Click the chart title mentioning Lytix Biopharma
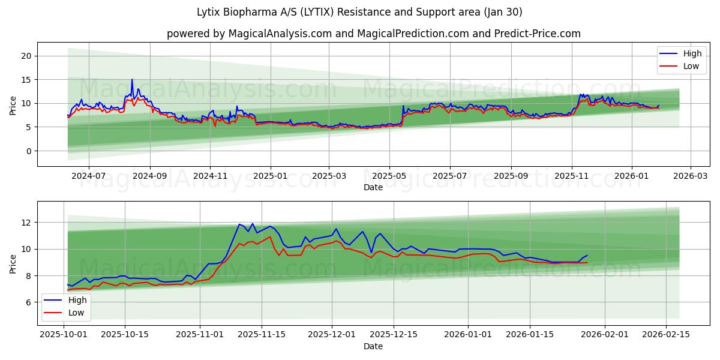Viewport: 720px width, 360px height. (359, 12)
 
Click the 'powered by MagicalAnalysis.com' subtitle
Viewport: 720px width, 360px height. (373, 34)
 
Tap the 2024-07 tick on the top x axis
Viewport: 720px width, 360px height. (89, 176)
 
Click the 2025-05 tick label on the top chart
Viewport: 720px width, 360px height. (389, 176)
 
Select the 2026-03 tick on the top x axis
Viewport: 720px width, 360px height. (690, 176)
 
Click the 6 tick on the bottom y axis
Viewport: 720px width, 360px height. (29, 302)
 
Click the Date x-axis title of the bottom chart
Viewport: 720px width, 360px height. (373, 346)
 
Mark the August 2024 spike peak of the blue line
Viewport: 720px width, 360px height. (132, 79)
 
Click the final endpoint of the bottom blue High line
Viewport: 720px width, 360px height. (587, 256)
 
